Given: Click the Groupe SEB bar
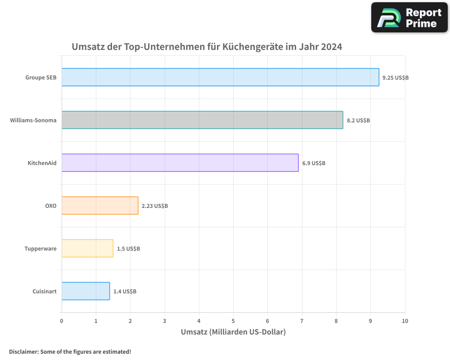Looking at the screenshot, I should click(220, 77).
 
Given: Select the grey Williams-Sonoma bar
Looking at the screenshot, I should click(202, 120).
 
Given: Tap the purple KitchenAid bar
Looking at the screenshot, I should click(180, 163).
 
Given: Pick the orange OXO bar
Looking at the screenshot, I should click(100, 206).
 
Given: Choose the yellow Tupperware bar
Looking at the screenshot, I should click(87, 248).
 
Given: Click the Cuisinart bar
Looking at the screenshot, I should click(85, 291).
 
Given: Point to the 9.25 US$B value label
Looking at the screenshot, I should click(396, 77).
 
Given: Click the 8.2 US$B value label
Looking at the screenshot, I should click(358, 120).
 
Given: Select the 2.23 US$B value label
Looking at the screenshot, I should click(155, 206).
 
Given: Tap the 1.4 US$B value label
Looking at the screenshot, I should click(125, 291).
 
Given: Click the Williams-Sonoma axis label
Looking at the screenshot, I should click(33, 120).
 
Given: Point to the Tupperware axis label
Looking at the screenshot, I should click(40, 248).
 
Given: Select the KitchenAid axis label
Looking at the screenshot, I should click(42, 163).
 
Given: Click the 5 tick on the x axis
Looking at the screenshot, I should click(233, 321).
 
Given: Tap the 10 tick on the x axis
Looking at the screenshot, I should click(405, 321).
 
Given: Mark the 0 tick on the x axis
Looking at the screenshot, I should click(62, 321).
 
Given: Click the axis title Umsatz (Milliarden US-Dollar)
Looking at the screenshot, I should click(233, 332).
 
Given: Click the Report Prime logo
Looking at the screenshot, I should click(409, 18).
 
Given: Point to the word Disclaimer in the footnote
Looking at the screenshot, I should click(23, 351).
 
